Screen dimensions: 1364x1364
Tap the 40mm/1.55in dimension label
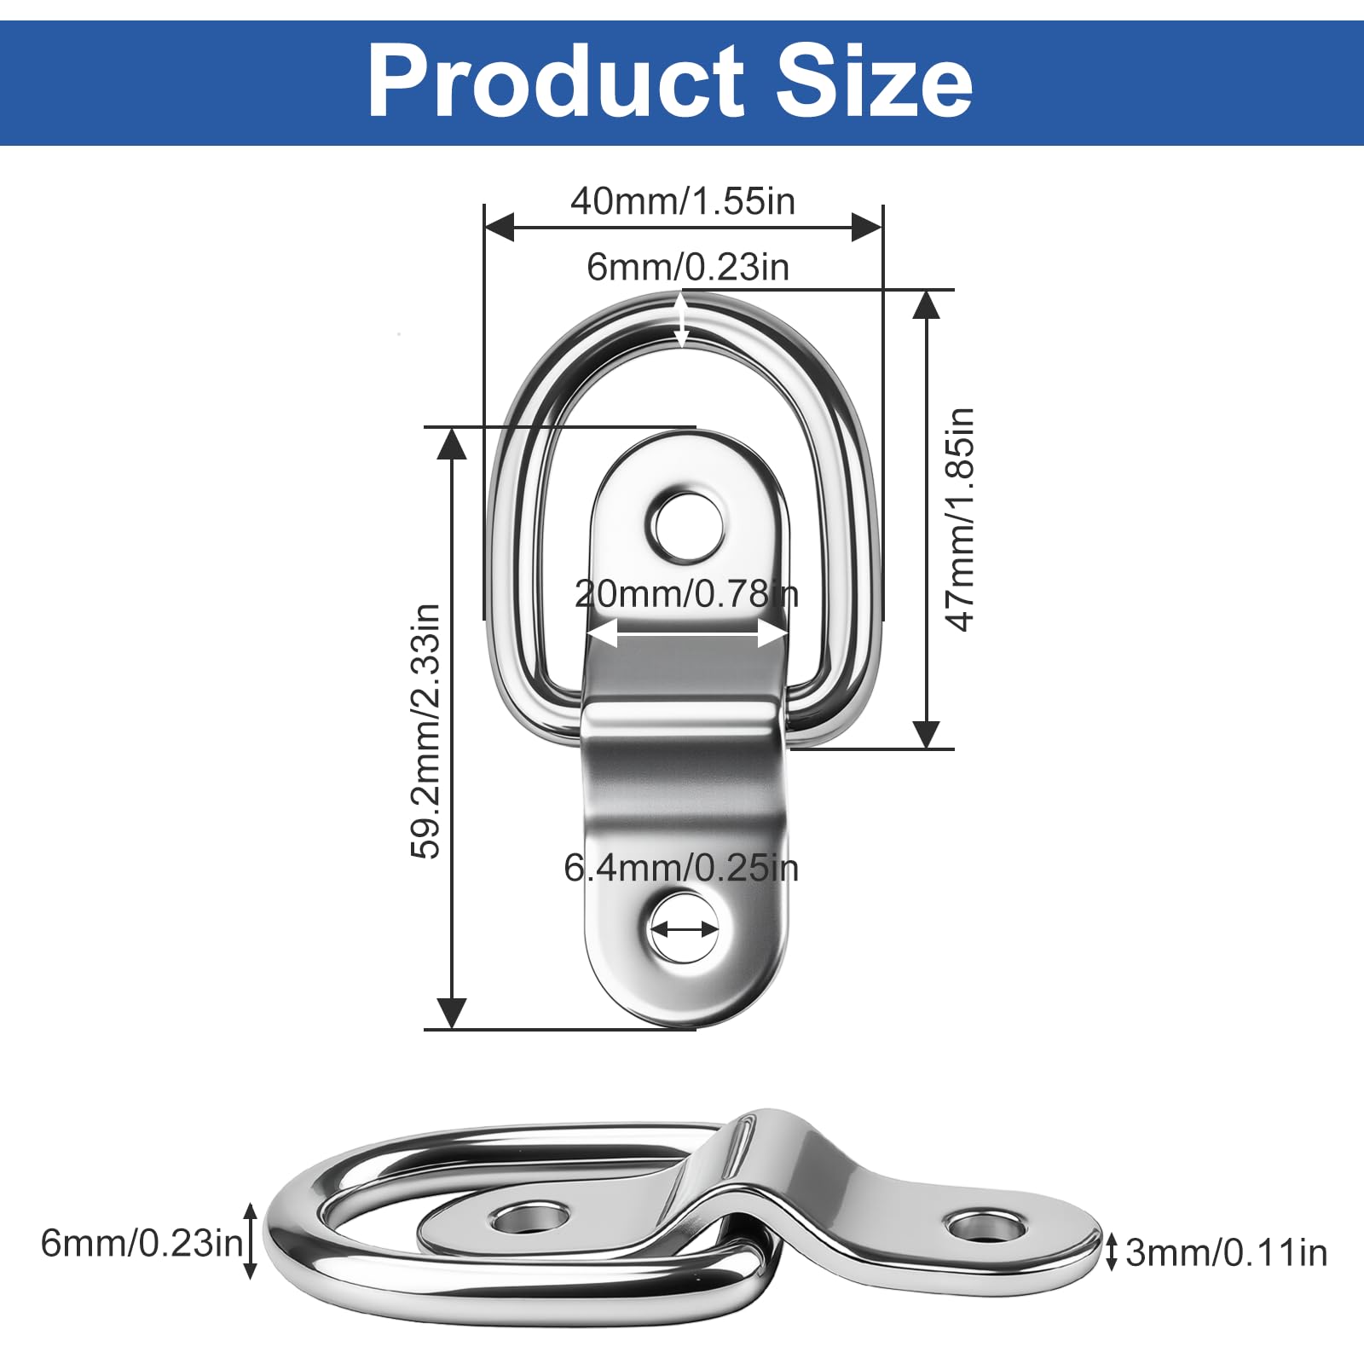pos(683,201)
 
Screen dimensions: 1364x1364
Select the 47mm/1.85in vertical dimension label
pos(960,519)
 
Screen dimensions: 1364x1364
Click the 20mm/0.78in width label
pos(686,594)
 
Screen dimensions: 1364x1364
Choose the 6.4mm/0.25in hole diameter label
pos(681,868)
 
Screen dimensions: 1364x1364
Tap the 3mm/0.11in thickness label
pos(1226,1252)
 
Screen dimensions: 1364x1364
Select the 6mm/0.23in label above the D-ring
pos(687,267)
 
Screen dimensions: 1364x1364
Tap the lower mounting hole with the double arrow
pos(684,928)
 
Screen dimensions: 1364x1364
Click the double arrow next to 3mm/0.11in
pos(1111,1251)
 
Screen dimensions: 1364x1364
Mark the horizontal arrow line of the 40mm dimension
pos(683,228)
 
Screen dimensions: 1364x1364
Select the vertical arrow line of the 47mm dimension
pos(926,519)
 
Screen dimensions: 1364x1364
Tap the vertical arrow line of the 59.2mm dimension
pos(452,728)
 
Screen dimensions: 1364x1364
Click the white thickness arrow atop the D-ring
pos(681,320)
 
